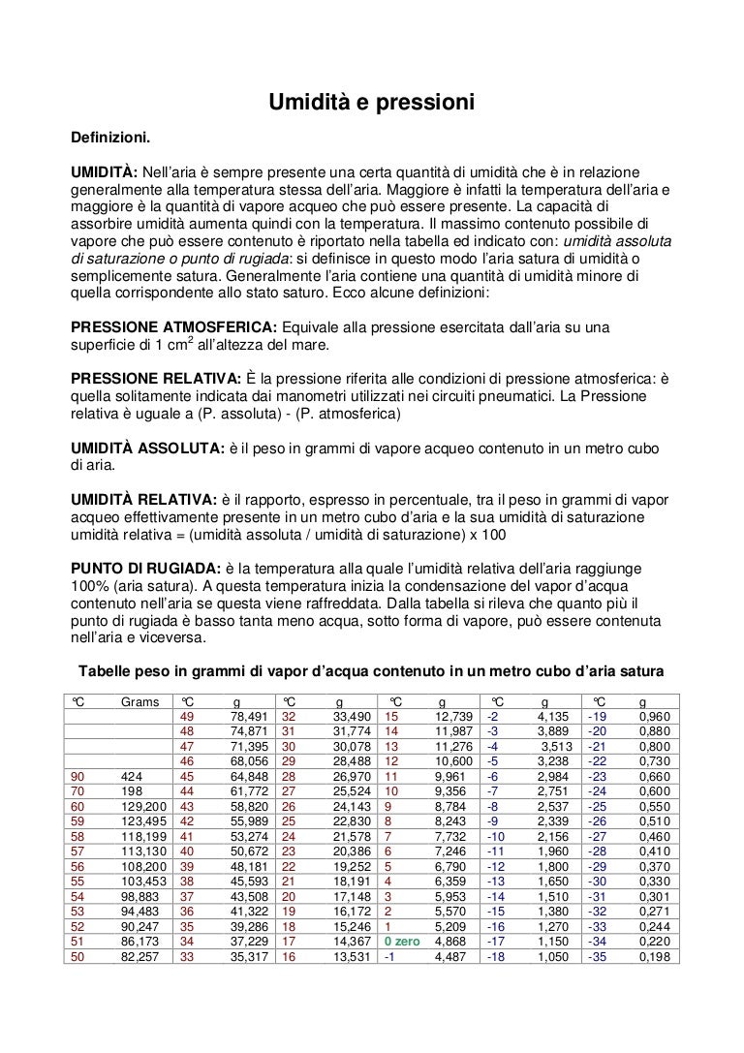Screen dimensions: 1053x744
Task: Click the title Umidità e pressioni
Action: click(371, 100)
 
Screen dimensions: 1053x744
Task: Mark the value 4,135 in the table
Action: click(552, 716)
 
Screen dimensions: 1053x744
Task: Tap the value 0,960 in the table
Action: click(655, 716)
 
